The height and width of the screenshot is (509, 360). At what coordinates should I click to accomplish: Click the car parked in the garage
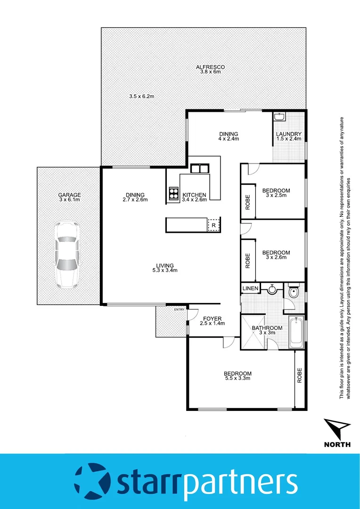(66, 254)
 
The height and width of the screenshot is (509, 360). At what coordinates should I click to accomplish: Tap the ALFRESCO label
(210, 67)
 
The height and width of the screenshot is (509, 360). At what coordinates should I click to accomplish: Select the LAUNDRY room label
(288, 133)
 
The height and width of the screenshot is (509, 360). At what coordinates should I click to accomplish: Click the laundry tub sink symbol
(279, 117)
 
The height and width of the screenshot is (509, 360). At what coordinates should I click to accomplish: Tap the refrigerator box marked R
(213, 225)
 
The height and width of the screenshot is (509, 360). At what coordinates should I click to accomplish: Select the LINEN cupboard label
(250, 288)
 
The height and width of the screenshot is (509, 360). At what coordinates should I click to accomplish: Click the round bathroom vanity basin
(272, 290)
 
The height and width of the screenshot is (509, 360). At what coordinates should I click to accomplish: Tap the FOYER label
(213, 319)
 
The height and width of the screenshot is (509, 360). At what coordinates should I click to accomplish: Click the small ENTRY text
(179, 309)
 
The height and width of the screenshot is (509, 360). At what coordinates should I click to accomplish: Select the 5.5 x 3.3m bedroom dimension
(237, 378)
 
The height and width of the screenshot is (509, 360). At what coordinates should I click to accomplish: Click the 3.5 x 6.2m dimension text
(142, 96)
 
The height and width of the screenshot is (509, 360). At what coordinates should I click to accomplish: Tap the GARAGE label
(69, 195)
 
